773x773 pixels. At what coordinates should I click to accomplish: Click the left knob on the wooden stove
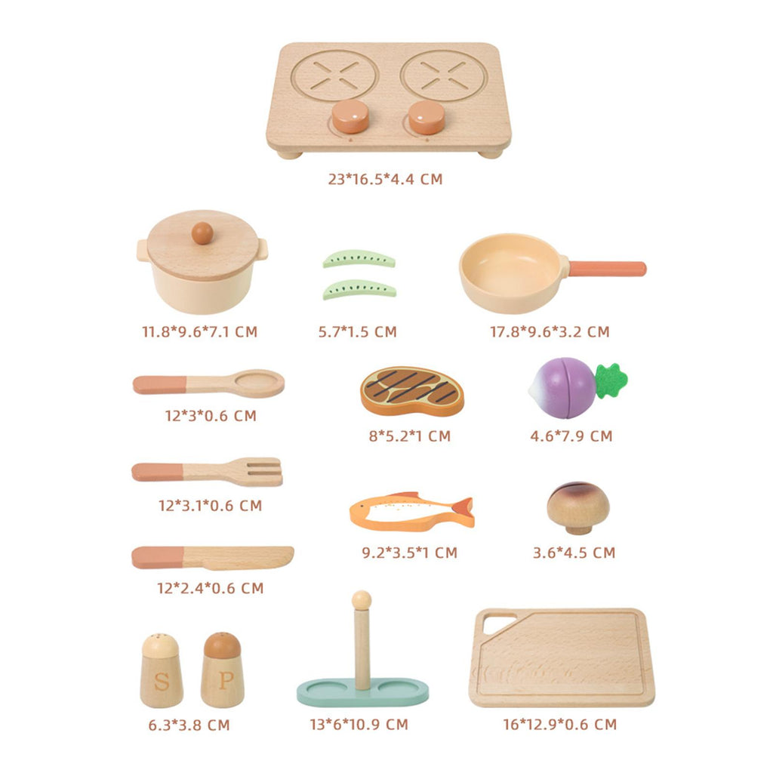[x=350, y=116]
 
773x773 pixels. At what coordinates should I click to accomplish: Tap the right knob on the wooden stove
[x=427, y=117]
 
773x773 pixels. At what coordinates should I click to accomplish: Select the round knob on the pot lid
[x=202, y=233]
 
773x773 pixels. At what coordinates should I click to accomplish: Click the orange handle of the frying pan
[x=608, y=269]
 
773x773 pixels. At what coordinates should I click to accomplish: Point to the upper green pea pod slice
[x=359, y=260]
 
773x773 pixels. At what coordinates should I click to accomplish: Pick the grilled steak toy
[x=412, y=391]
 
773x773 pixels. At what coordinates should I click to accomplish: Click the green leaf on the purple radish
[x=611, y=380]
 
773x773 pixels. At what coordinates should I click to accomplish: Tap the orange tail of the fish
[x=463, y=512]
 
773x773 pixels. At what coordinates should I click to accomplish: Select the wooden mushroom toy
[x=577, y=508]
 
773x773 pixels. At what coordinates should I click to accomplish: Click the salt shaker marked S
[x=162, y=670]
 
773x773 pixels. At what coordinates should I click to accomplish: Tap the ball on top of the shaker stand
[x=362, y=600]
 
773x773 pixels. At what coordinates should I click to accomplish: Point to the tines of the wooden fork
[x=263, y=471]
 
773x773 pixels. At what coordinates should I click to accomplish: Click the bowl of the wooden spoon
[x=259, y=383]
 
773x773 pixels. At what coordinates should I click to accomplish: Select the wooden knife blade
[x=239, y=557]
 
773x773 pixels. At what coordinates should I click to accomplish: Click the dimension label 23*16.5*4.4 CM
[x=386, y=179]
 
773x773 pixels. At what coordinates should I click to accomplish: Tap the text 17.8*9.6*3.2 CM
[x=550, y=332]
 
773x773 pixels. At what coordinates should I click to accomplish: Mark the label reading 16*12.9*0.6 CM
[x=560, y=724]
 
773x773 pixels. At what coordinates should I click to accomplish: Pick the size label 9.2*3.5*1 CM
[x=410, y=553]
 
